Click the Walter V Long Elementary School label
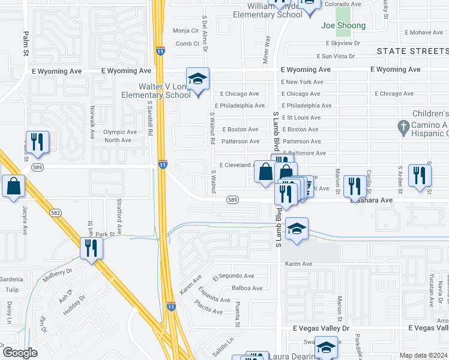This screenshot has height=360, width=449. tap(156, 91)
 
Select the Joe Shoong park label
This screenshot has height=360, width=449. tap(343, 26)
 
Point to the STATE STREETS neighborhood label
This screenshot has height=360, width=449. tap(412, 52)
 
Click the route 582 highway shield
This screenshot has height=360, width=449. tap(56, 212)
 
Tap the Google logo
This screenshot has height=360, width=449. tap(19, 353)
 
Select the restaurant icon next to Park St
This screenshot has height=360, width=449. tap(91, 247)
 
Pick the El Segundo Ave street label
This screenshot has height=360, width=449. tap(234, 276)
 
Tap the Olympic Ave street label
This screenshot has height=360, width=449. tap(120, 132)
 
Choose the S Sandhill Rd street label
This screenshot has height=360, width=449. tap(151, 117)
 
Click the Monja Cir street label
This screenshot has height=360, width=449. tap(185, 31)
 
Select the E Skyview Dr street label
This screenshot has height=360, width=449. tap(342, 43)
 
